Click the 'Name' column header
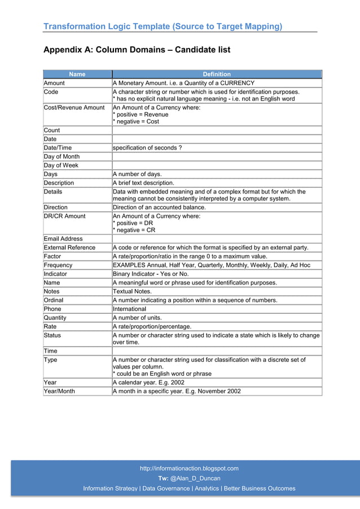coord(77,74)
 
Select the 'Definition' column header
coord(217,74)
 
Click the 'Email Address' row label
coord(63,239)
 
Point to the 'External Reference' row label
coord(69,247)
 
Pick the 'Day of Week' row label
coord(62,165)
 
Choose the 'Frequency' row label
coord(58,265)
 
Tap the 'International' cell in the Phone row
coord(129,309)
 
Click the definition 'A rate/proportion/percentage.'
coord(152,326)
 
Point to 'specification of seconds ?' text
coord(147,148)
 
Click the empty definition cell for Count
coord(217,130)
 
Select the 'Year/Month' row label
coord(59,391)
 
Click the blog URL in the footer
coord(189,468)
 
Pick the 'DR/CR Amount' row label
coord(65,216)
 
